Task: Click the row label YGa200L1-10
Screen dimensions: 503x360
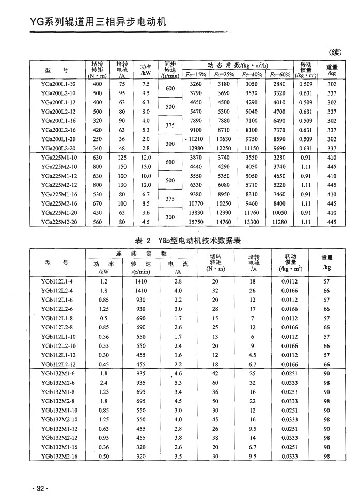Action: click(x=57, y=84)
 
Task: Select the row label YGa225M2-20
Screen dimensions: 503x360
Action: click(x=57, y=222)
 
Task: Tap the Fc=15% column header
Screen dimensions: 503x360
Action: click(x=196, y=75)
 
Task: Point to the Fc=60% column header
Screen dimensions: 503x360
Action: click(x=279, y=75)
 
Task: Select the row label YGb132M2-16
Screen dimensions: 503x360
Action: click(x=57, y=457)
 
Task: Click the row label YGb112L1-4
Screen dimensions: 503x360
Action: click(x=57, y=282)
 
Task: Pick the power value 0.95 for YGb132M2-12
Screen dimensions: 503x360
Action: click(x=103, y=438)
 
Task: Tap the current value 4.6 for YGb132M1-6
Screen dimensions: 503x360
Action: click(x=179, y=373)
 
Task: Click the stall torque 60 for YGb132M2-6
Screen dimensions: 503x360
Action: click(x=215, y=383)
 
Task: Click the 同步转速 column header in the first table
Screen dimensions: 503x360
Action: click(x=170, y=68)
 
